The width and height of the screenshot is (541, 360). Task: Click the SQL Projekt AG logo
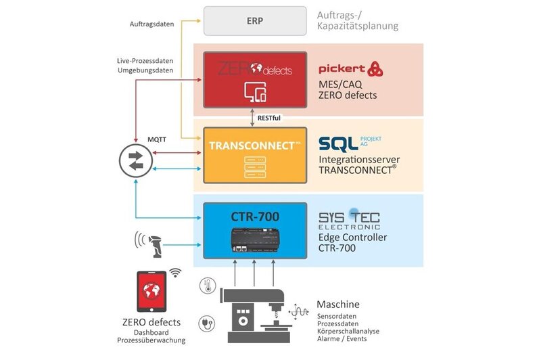350,143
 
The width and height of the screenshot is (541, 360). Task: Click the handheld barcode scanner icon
155,245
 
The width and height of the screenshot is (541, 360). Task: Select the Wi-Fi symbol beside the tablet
176,273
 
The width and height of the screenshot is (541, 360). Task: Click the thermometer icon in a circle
206,285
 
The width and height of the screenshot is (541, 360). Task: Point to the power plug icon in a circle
206,323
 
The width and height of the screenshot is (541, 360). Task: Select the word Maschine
338,305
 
